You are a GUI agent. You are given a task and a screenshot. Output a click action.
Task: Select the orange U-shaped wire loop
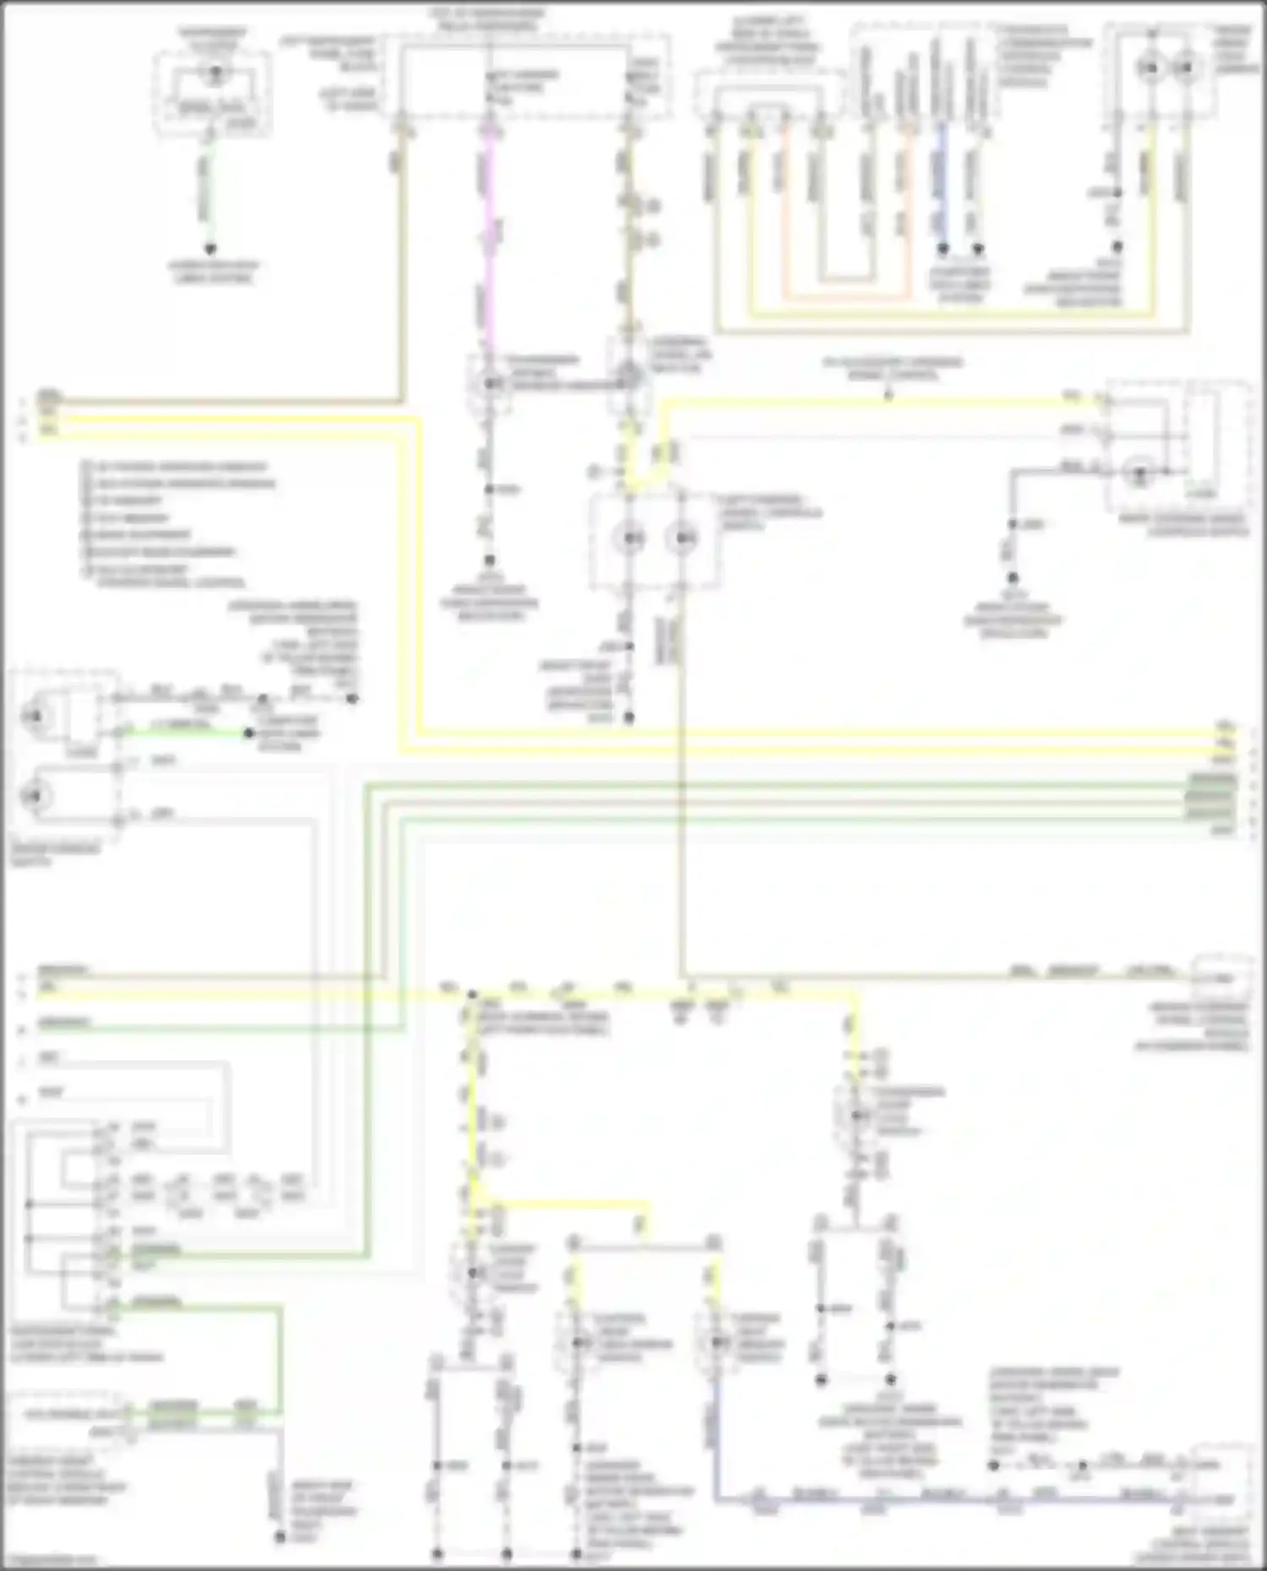tap(845, 296)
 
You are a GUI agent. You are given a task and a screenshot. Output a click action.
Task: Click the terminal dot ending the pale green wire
tap(209, 249)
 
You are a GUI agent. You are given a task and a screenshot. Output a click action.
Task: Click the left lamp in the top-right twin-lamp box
tap(1149, 68)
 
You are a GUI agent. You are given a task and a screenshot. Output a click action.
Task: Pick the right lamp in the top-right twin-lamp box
tap(1186, 68)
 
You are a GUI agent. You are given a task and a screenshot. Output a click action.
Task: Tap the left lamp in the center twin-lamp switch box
tap(630, 537)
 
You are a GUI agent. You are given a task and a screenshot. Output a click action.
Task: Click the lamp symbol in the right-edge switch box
tap(1139, 474)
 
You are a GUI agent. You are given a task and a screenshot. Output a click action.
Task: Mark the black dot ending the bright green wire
tap(249, 733)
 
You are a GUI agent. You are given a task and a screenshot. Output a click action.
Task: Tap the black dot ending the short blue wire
tap(943, 249)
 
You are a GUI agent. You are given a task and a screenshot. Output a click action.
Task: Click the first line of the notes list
tap(177, 467)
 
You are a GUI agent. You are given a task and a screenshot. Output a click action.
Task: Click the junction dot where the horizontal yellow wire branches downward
tap(472, 996)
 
